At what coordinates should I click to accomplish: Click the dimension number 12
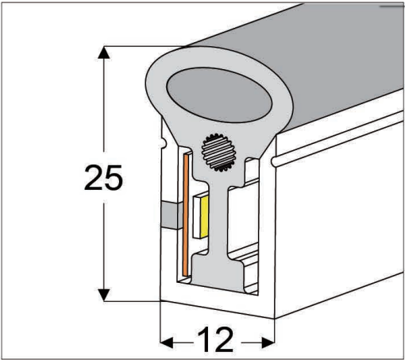pos(216,340)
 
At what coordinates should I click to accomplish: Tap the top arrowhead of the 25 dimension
pos(102,52)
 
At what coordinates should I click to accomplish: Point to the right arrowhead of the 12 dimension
pos(268,342)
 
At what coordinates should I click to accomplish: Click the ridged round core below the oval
pos(220,149)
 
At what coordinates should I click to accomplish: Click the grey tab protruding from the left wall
pos(170,214)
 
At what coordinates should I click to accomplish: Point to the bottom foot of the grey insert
pos(219,274)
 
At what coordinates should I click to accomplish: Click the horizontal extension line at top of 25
pos(135,45)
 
